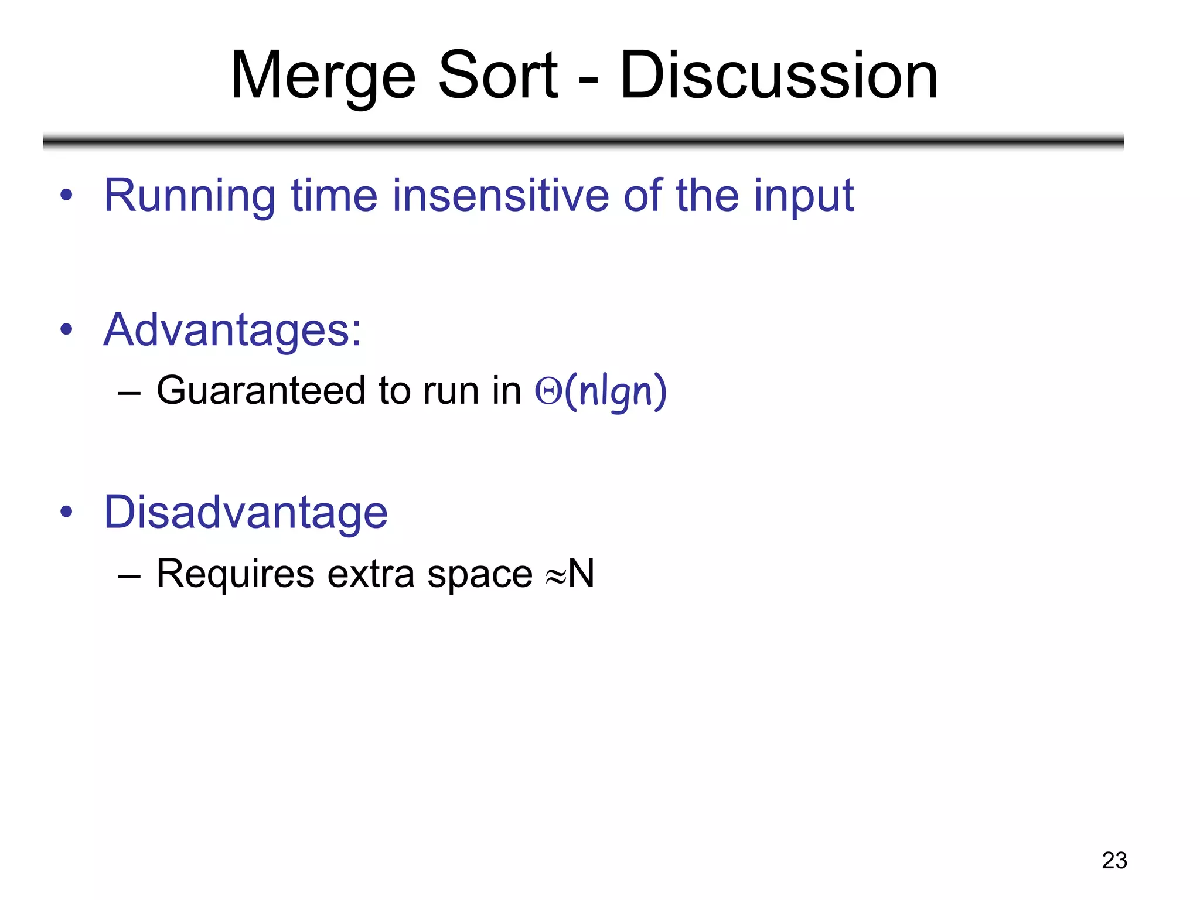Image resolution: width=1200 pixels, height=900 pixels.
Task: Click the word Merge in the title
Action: tap(323, 76)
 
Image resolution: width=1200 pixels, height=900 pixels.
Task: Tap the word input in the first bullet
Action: tap(803, 196)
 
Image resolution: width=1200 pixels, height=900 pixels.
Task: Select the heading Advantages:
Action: tap(232, 330)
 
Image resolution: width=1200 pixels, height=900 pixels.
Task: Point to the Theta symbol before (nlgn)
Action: tap(548, 391)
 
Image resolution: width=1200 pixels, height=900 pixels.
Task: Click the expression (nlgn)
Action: tap(615, 391)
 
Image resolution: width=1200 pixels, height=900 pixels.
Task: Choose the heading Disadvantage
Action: tap(246, 512)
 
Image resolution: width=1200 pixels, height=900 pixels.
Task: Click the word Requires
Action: tap(235, 574)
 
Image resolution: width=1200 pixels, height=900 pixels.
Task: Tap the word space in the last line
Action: tap(479, 574)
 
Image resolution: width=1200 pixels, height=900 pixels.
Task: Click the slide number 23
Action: tap(1114, 860)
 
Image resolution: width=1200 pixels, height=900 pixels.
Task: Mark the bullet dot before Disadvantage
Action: tap(66, 512)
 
